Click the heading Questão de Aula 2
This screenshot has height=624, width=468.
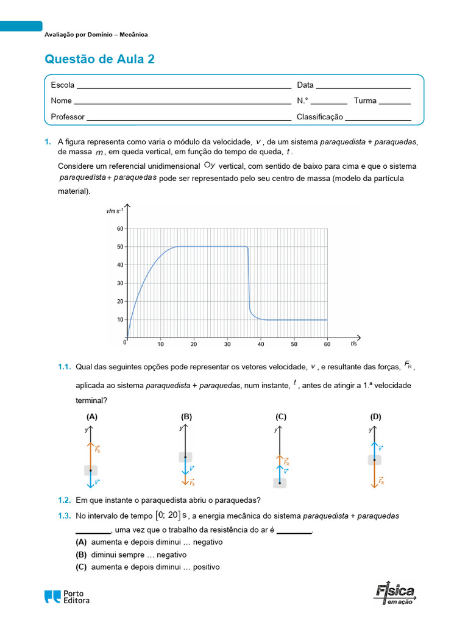[100, 59]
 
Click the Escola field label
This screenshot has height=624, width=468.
[63, 85]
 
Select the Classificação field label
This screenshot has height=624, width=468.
[319, 117]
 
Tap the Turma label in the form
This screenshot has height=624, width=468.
[365, 101]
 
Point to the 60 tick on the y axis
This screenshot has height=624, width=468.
[119, 229]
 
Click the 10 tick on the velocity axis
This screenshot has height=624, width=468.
[119, 319]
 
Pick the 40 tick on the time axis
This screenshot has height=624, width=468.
[260, 344]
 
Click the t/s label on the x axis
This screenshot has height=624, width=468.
[354, 344]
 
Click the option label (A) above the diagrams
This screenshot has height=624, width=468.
[92, 417]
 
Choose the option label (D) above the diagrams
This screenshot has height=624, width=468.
[375, 417]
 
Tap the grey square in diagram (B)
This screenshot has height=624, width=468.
[185, 457]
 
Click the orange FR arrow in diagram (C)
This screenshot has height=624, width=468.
[280, 461]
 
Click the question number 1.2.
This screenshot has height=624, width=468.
[65, 500]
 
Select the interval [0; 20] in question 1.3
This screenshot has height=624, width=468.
[168, 516]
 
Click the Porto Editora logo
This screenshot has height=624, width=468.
[67, 597]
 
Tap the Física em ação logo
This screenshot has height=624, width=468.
[395, 594]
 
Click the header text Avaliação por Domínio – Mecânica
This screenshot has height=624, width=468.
[96, 35]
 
